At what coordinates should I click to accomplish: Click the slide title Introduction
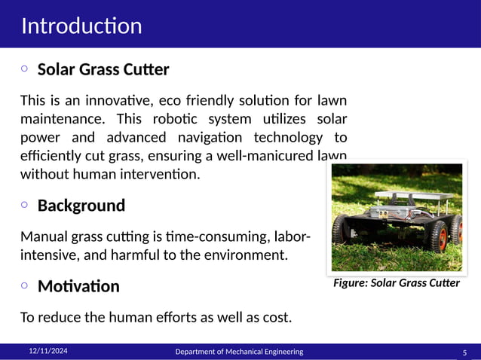[x=81, y=26]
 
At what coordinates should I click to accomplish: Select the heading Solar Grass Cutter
[x=103, y=70]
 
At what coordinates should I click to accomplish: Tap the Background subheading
[x=81, y=206]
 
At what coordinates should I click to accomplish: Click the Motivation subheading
[x=78, y=286]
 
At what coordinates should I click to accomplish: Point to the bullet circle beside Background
[x=24, y=204]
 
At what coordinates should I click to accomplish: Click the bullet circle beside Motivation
[x=24, y=285]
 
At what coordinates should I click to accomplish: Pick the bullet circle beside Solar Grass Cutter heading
[x=24, y=69]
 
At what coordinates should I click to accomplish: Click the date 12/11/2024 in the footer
[x=48, y=351]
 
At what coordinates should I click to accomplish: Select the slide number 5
[x=464, y=352]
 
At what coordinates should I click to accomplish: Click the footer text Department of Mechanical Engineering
[x=239, y=352]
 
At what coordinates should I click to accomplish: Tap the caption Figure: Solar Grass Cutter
[x=397, y=284]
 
